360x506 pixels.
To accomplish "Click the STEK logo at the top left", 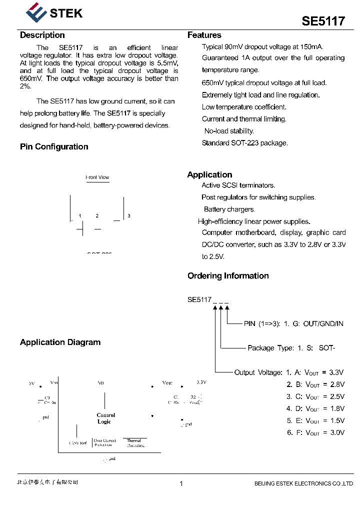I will tap(54, 12).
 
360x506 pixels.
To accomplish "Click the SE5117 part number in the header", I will tap(323, 21).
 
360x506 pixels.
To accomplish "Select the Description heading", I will tap(42, 35).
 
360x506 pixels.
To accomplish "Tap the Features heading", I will tap(204, 35).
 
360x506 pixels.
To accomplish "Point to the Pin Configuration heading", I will tap(54, 146).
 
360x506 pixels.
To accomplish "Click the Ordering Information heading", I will tap(228, 275).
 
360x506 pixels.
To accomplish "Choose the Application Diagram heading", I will tap(60, 342).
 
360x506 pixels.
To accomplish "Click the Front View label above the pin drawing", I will tap(97, 177).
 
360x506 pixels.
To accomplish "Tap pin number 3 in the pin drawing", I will tap(129, 216).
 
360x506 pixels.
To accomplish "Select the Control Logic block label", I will tap(105, 418).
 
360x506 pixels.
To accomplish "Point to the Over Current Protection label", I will tap(105, 443).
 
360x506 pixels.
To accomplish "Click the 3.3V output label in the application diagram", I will tap(201, 382).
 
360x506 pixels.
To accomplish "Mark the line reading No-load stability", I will tap(229, 131).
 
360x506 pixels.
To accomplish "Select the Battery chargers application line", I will tap(229, 209).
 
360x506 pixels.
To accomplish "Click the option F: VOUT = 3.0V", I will tap(315, 432).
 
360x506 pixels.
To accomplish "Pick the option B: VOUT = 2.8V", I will tap(315, 384).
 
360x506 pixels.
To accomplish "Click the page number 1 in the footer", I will tap(181, 483).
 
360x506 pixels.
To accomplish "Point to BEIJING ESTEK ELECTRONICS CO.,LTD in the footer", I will tap(303, 483).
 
